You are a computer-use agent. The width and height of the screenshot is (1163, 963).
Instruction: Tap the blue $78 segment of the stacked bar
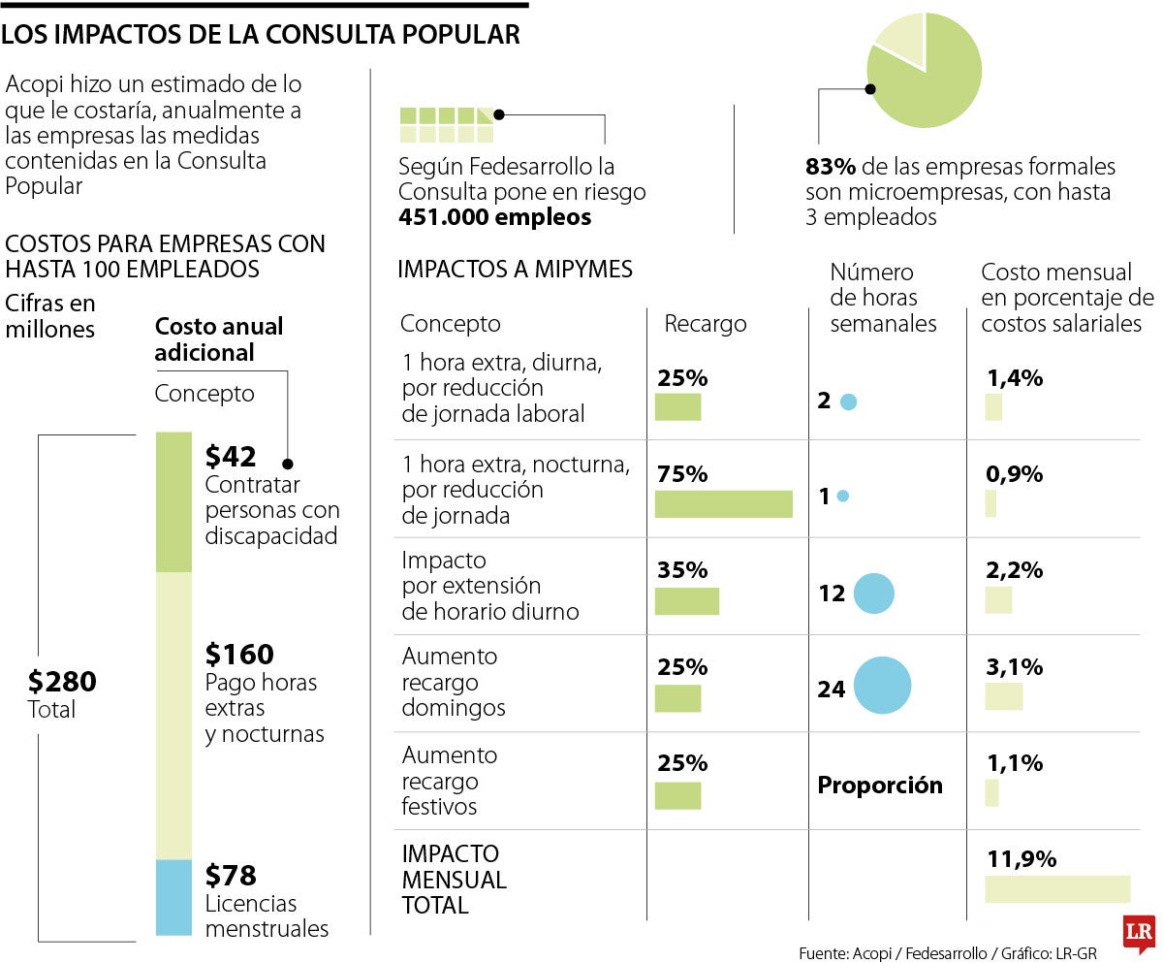174,897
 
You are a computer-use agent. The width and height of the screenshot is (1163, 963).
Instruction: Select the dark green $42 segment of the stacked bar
174,501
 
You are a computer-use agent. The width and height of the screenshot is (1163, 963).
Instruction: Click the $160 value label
239,654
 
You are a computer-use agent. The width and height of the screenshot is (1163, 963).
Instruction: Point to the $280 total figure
62,682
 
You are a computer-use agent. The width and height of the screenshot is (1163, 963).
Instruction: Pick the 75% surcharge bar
723,504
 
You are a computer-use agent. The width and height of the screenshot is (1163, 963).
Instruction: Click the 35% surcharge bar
687,601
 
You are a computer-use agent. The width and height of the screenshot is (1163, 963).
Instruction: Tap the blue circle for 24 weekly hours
882,686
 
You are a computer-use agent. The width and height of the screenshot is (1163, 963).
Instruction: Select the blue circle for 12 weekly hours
873,594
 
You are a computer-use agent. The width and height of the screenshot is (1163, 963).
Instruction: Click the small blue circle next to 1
842,497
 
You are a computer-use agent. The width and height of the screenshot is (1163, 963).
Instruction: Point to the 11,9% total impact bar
1057,889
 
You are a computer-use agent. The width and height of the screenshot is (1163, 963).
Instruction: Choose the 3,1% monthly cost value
1014,666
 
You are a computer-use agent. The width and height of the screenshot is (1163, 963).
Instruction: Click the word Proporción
880,786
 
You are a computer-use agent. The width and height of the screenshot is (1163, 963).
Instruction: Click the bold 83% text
830,167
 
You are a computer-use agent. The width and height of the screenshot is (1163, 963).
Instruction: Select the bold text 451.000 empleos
494,217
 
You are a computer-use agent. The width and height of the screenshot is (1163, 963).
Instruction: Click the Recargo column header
705,324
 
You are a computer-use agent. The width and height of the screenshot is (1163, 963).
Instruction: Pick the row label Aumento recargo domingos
454,682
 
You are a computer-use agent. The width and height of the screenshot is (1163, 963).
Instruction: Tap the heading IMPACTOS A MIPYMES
515,269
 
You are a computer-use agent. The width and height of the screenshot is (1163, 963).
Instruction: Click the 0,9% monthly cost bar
990,503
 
